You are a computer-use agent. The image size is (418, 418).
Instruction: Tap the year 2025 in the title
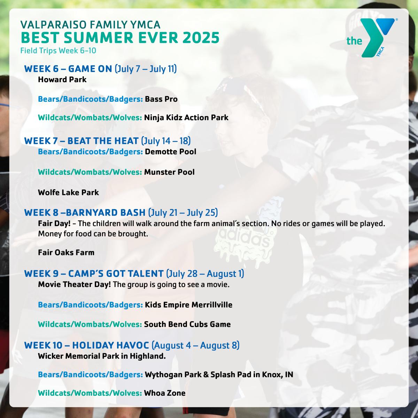pos(201,38)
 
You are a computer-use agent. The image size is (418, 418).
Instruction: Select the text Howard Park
pos(62,80)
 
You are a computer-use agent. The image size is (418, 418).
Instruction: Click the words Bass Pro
pos(161,99)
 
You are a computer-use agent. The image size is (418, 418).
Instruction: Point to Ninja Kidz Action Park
pos(186,118)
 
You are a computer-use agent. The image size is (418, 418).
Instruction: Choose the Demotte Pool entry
pos(170,152)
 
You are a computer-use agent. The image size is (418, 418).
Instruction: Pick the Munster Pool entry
pos(169,172)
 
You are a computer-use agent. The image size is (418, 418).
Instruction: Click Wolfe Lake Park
pos(68,192)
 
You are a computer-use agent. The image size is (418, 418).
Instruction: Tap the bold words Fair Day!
pos(54,223)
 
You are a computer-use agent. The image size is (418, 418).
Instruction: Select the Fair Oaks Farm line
pos(66,253)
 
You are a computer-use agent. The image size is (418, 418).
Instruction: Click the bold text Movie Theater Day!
pos(75,284)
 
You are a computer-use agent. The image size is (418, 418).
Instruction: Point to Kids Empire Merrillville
pos(188,305)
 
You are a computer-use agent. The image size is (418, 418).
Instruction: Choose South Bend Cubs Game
pos(187,324)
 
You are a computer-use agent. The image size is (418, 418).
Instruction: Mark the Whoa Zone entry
pos(165,393)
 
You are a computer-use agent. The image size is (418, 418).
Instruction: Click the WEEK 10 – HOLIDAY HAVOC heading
pos(86,345)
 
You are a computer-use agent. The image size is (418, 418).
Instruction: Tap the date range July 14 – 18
pos(166,141)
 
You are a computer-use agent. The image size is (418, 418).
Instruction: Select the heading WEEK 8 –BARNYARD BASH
pos(85,212)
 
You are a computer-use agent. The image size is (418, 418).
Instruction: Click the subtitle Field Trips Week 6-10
pos(58,51)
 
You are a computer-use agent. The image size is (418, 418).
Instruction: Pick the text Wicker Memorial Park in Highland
pos(102,356)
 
